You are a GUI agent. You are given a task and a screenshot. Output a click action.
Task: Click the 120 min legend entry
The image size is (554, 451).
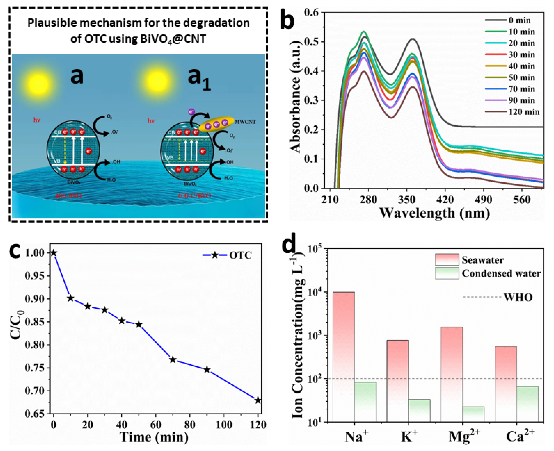[x=524, y=112]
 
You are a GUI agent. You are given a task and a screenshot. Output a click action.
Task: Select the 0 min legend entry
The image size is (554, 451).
[x=519, y=20]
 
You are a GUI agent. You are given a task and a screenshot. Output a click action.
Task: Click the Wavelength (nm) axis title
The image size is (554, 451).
[x=435, y=213]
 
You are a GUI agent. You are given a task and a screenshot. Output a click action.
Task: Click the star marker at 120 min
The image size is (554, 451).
[x=258, y=400]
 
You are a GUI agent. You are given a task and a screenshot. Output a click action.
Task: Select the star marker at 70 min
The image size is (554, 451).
[x=173, y=360]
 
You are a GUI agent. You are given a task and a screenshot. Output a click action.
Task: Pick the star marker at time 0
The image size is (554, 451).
[x=53, y=253]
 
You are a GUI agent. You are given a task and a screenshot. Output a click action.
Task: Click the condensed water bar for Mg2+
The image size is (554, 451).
[x=473, y=414]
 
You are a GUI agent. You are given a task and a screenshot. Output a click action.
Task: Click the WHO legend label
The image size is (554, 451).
[x=518, y=297]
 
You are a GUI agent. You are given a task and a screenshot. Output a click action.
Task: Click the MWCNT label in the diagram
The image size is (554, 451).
[x=245, y=122]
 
